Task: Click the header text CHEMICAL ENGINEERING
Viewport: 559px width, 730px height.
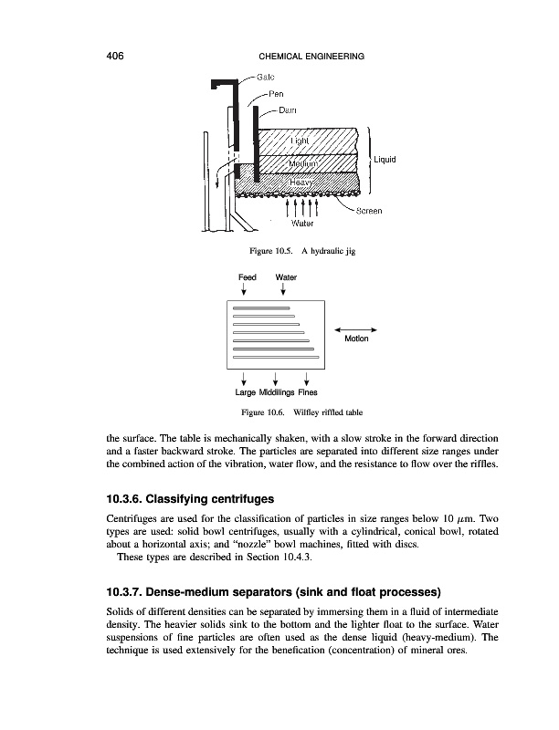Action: [306, 57]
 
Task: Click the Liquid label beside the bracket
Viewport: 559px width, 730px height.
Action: [384, 160]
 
